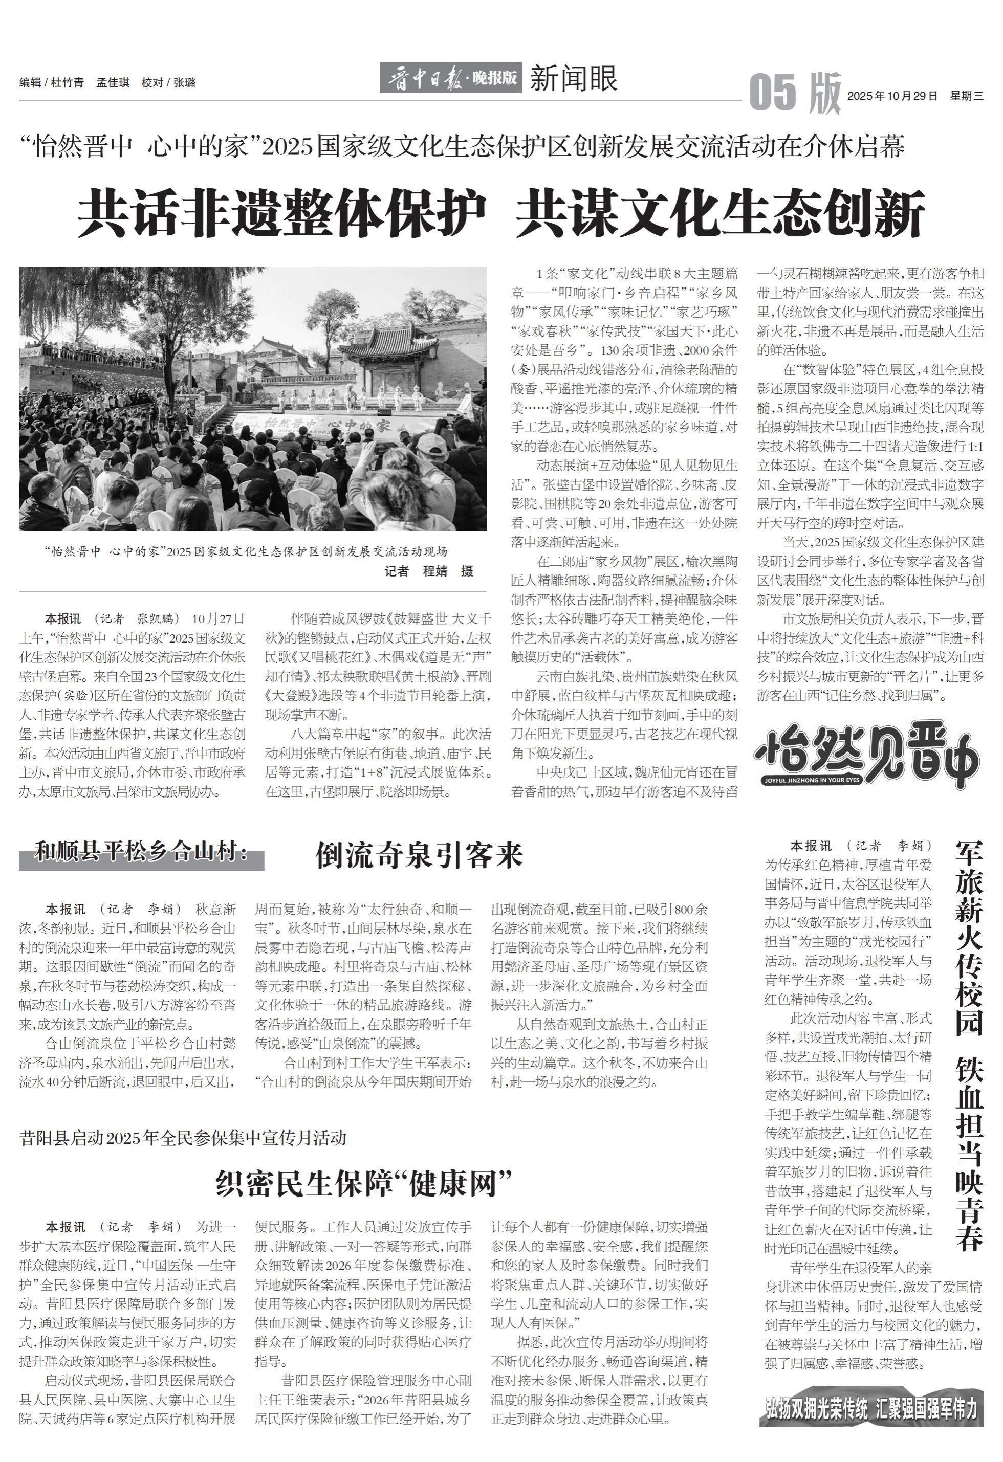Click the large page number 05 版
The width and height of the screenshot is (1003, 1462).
coord(795,93)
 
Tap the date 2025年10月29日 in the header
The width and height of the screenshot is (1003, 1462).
coord(892,96)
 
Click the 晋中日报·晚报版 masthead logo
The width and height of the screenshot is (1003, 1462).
coord(450,79)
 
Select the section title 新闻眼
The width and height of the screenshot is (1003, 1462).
coord(573,79)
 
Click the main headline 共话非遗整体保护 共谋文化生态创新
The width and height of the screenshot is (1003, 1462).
coord(501,213)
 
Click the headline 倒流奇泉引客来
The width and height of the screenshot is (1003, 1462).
coord(419,855)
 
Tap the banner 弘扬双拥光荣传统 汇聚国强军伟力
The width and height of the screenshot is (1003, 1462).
coord(871,1409)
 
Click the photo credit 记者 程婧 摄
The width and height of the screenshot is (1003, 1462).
coord(429,571)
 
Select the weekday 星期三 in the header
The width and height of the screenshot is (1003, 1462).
coord(967,96)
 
